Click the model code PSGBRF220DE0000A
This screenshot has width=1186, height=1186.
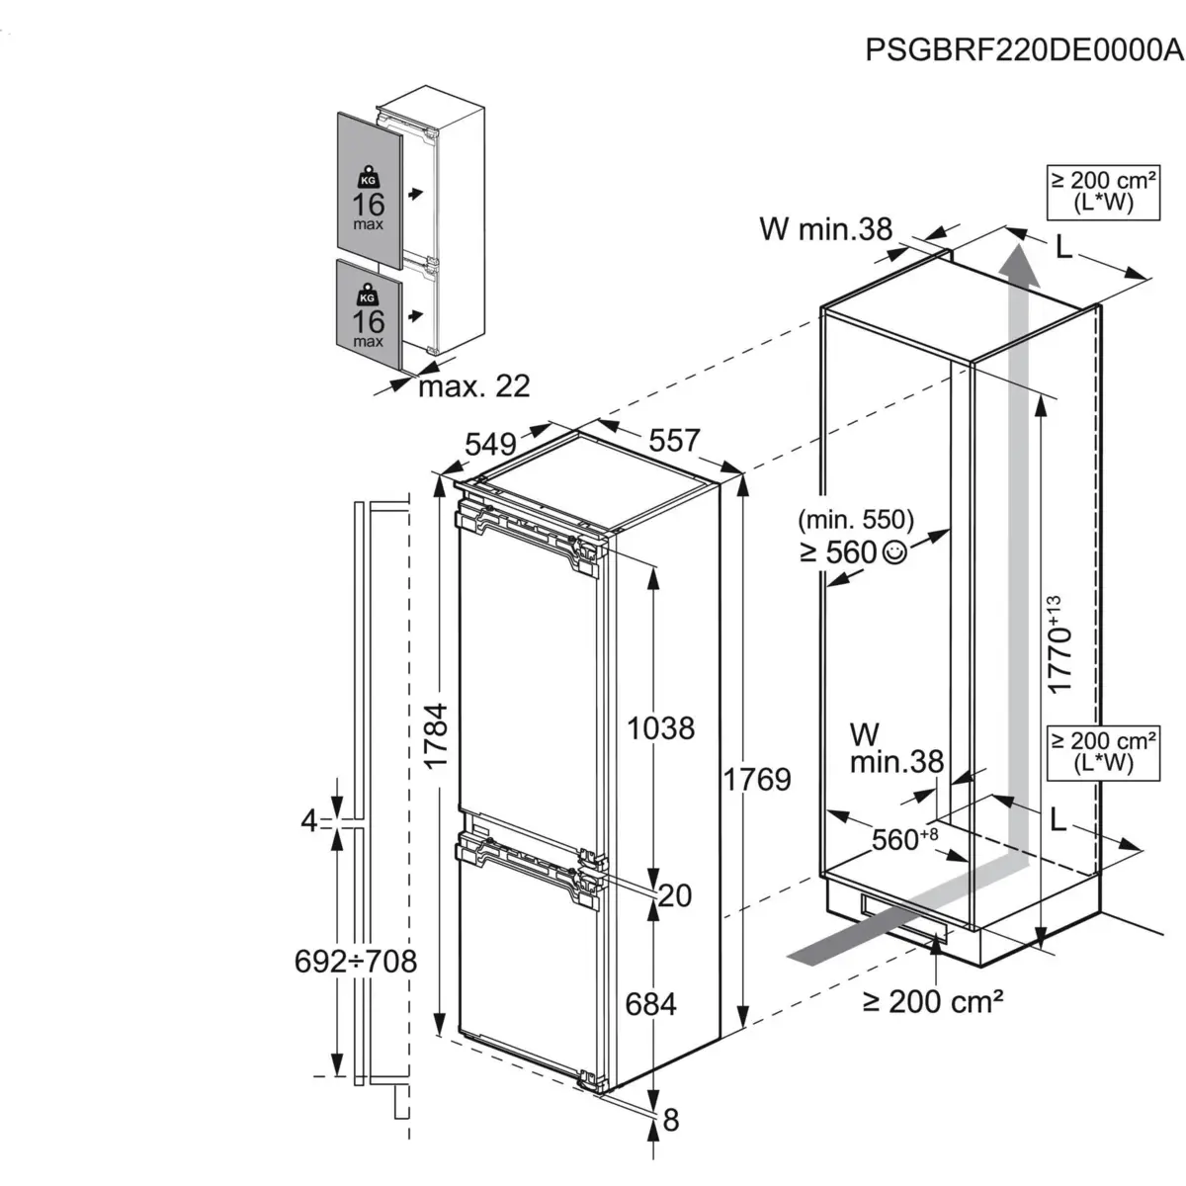[x=1024, y=49]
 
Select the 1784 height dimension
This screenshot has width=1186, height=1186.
[x=436, y=737]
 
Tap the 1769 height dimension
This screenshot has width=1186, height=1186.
[x=756, y=780]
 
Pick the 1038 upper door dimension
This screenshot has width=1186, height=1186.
[x=661, y=728]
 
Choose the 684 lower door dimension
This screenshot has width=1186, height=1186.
[x=651, y=1004]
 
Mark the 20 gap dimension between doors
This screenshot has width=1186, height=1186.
[x=674, y=895]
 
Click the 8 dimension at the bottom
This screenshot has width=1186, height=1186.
[x=671, y=1120]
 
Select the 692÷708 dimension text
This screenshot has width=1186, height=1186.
[x=356, y=961]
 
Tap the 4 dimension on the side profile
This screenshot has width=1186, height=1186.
[x=310, y=820]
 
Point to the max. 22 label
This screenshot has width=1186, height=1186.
[x=474, y=385]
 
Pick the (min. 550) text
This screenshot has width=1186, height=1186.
[x=856, y=519]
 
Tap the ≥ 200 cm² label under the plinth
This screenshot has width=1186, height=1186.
[x=933, y=1002]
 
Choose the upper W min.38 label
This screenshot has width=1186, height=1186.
[x=825, y=228]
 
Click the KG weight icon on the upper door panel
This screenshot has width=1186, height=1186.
[x=369, y=178]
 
